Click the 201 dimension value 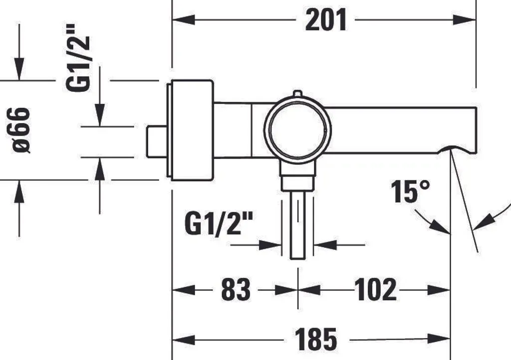pyautogui.click(x=325, y=20)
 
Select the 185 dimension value pyautogui.click(x=315, y=340)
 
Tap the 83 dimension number pyautogui.click(x=236, y=289)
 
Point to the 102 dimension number pyautogui.click(x=375, y=289)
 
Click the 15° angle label pyautogui.click(x=410, y=191)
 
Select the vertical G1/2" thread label pyautogui.click(x=77, y=58)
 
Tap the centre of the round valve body pyautogui.click(x=297, y=130)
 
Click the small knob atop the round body pyautogui.click(x=297, y=94)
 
